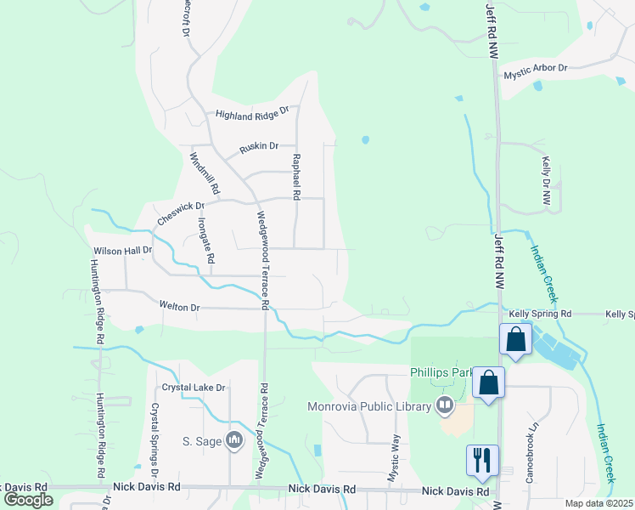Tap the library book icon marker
coord(444,405)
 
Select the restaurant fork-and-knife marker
coord(481,460)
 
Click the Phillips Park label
coord(441,372)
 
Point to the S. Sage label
coord(200,440)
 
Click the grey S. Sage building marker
coord(235,439)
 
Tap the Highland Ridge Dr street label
coord(252,112)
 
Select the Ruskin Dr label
coord(259,146)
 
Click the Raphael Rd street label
coord(296,177)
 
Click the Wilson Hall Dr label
coord(122,251)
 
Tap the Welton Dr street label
coord(178,305)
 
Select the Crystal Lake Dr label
coord(194,388)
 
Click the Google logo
coord(28,500)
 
